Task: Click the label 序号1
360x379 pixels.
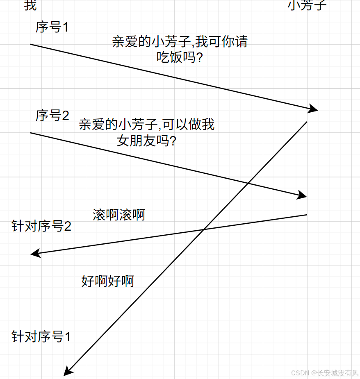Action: (x=52, y=27)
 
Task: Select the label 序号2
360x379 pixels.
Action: (x=52, y=116)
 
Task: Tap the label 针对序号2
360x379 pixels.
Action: (x=41, y=226)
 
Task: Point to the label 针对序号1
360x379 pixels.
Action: (x=41, y=337)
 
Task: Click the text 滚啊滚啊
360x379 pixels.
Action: (x=119, y=215)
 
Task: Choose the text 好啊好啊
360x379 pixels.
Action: (x=108, y=281)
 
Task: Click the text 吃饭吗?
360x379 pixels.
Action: (x=180, y=58)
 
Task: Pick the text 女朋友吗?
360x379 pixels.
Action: (x=146, y=141)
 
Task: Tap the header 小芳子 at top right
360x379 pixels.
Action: (x=308, y=5)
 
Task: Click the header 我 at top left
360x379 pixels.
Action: (x=30, y=5)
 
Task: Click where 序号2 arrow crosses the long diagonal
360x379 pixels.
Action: (x=248, y=183)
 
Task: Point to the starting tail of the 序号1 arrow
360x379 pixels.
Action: (x=31, y=44)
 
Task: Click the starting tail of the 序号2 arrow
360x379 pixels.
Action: (x=31, y=133)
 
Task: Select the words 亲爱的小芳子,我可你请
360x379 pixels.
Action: (x=180, y=42)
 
